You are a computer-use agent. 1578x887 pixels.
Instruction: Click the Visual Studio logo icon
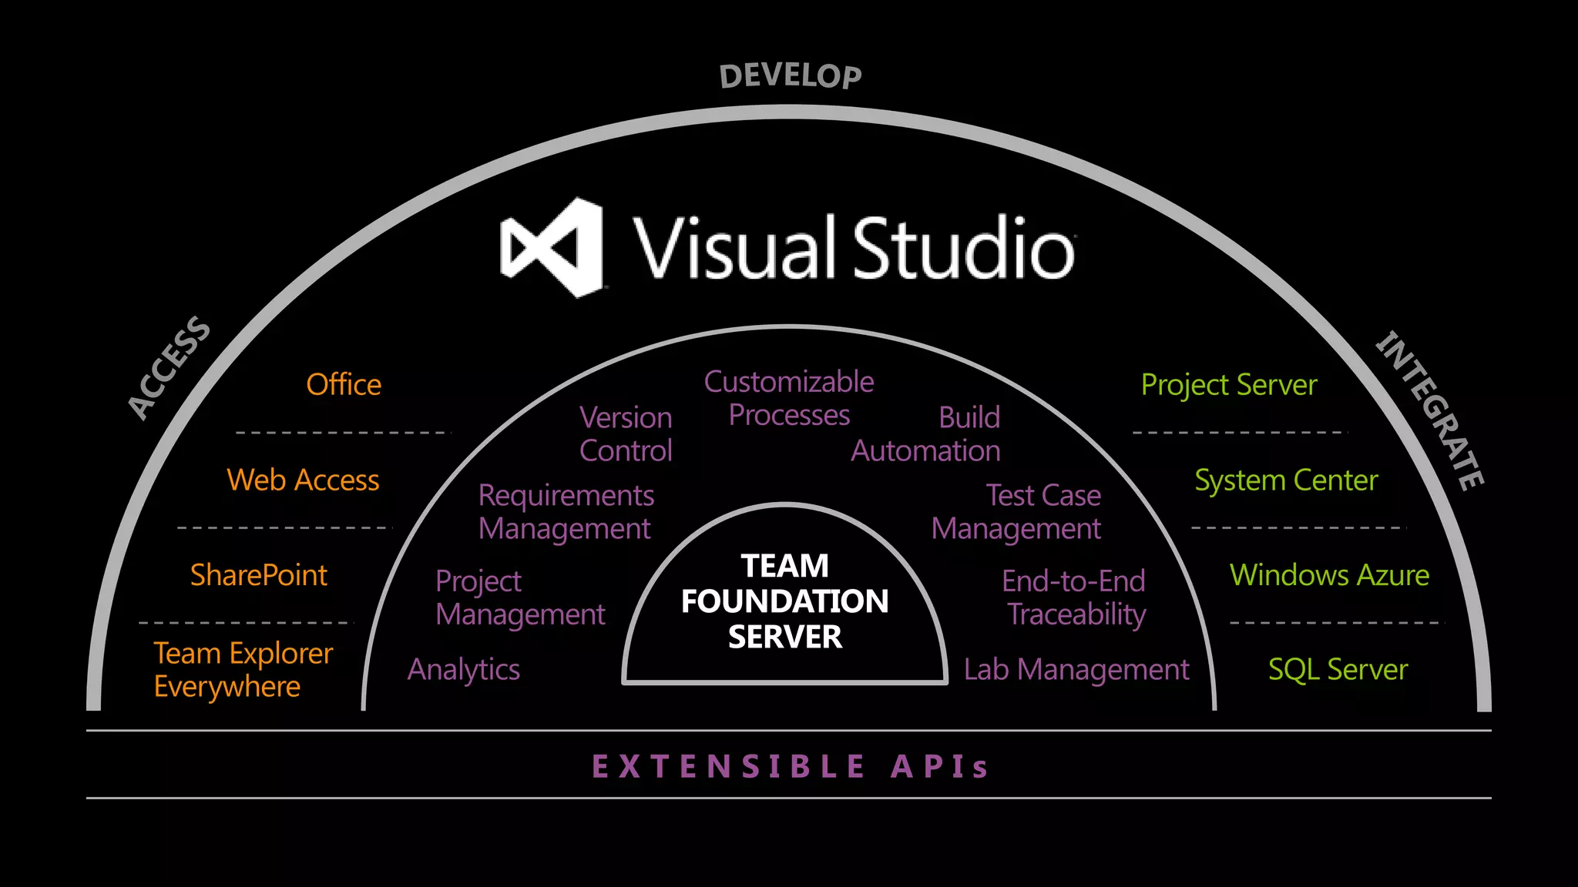pos(551,248)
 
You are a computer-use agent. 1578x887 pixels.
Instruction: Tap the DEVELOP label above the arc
pos(791,76)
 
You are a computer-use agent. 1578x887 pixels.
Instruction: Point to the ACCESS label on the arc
pos(169,367)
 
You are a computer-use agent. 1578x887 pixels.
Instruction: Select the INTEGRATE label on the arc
pos(1430,410)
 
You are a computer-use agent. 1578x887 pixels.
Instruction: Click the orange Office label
pos(344,384)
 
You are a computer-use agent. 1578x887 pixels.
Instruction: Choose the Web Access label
pos(303,480)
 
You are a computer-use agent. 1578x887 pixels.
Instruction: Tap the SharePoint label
pos(259,575)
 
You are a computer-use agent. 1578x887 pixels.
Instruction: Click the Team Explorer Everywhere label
pos(243,669)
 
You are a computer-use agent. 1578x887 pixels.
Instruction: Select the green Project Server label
pos(1229,384)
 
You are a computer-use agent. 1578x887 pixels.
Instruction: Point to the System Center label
pos(1286,480)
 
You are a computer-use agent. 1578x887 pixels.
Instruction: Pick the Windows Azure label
pos(1329,575)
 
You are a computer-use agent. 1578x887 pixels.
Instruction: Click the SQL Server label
pos(1338,669)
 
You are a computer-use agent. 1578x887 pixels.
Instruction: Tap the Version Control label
pos(626,433)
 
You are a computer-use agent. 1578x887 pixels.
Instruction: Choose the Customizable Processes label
pos(789,398)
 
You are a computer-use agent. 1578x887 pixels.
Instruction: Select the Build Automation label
pos(926,433)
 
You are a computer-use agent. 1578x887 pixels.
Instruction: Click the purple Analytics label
pos(464,669)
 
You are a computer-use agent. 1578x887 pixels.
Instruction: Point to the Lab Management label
pos(1076,669)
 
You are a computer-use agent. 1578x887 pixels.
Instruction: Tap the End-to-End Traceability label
pos(1074,597)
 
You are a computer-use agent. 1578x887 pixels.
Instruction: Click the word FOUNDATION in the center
pos(784,601)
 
